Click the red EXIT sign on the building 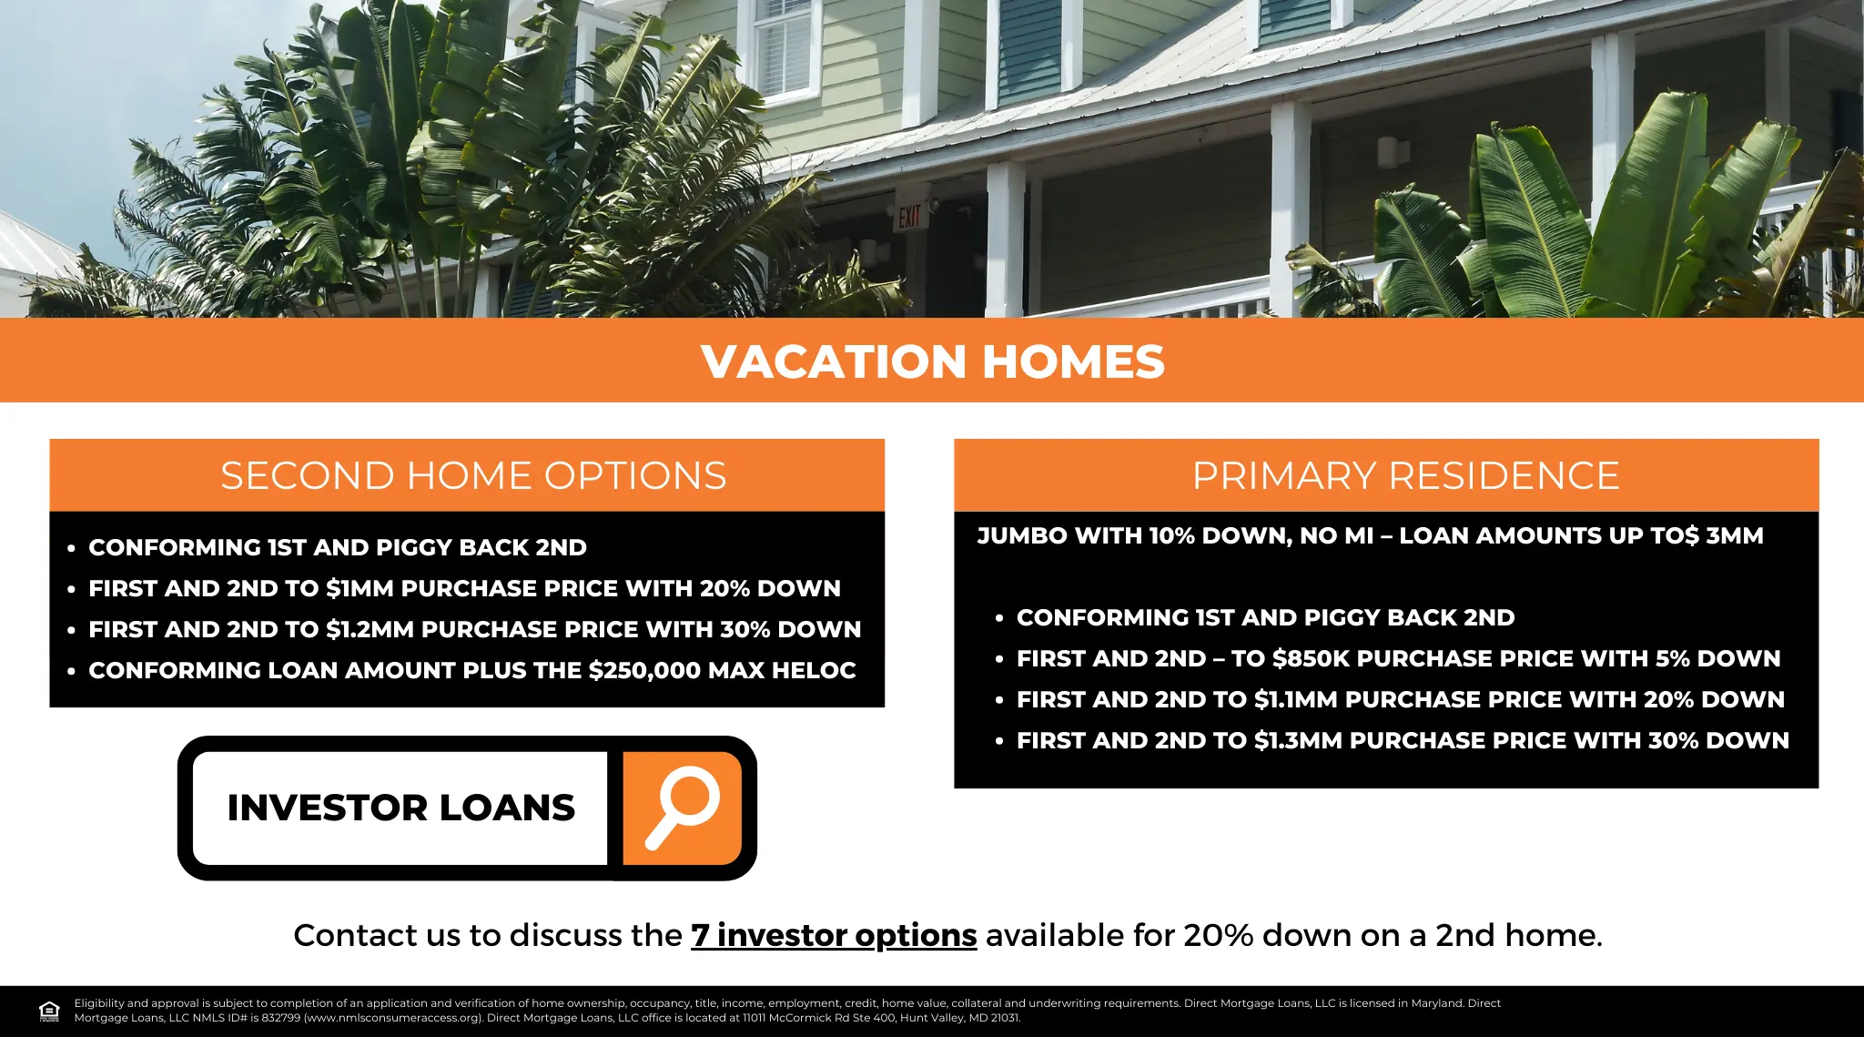coord(909,217)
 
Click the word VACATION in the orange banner coord(833,361)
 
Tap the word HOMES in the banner coord(1073,361)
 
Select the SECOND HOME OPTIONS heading coord(473,475)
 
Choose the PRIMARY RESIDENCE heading coord(1405,475)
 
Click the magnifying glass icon coord(683,808)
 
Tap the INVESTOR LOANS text coord(400,808)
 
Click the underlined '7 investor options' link coord(834,935)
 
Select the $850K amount coord(1313,658)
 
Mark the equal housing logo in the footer coord(49,1011)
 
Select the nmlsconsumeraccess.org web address coord(393,1018)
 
